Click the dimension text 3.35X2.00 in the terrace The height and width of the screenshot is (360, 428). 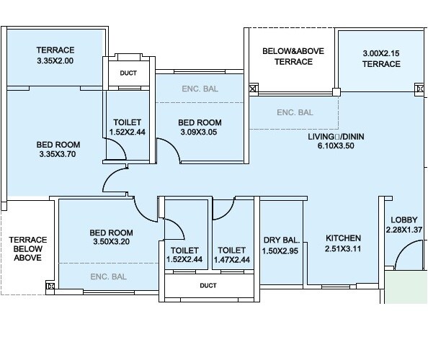pos(55,62)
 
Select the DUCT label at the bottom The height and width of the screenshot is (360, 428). pos(208,285)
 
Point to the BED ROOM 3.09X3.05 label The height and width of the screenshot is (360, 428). pos(200,127)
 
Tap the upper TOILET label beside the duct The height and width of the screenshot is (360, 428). pos(128,127)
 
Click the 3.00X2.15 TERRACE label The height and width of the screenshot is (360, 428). pos(381,58)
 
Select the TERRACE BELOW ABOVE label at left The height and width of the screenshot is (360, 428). pos(27,248)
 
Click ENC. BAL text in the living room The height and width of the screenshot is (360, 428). pos(295,112)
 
